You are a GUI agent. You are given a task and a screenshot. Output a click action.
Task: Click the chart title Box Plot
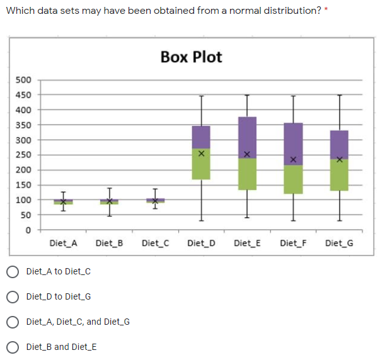coord(191,57)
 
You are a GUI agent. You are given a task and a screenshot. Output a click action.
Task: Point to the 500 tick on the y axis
coord(23,80)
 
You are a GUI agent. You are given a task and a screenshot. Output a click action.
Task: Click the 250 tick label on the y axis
coord(23,155)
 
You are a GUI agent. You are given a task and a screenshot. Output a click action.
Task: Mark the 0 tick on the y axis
coord(28,230)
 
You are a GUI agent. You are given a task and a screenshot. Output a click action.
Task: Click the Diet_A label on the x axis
coord(63,243)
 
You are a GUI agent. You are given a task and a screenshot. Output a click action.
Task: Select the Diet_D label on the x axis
coord(201,243)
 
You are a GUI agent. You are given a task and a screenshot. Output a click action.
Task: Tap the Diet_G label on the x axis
coord(339,243)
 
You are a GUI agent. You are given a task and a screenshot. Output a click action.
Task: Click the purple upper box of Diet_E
coord(247,135)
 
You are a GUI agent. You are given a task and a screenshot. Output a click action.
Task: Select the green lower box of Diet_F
coord(293,179)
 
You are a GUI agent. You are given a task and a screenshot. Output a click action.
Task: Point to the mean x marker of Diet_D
coord(201,153)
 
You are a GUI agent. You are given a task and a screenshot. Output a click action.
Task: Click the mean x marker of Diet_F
coord(293,159)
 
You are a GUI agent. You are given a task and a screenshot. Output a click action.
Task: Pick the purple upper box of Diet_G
coord(339,143)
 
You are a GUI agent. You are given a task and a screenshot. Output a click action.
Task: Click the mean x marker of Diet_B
coord(109,201)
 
